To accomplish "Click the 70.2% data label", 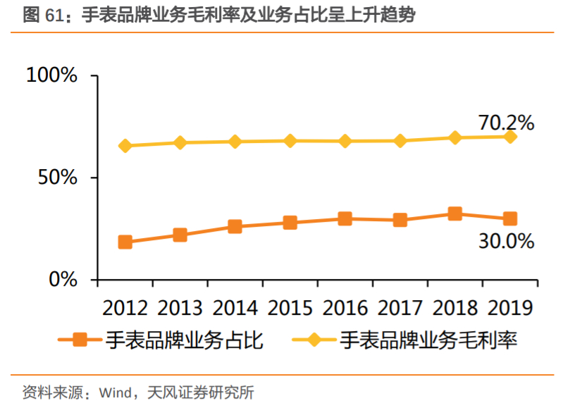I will point(506,123).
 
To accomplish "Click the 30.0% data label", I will point(506,242).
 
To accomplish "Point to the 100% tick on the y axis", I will point(51,75).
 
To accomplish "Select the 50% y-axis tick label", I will point(58,178).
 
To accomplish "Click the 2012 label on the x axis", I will point(125,308).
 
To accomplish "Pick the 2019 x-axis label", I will point(509,308).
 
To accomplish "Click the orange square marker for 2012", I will point(125,242).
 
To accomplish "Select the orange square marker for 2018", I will point(455,213).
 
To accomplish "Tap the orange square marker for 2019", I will point(509,218).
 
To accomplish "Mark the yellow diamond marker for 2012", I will point(125,146).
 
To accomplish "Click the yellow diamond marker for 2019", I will point(509,136).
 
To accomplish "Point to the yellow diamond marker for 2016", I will point(345,141).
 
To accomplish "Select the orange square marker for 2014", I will point(235,226).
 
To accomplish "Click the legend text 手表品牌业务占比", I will point(184,341).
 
